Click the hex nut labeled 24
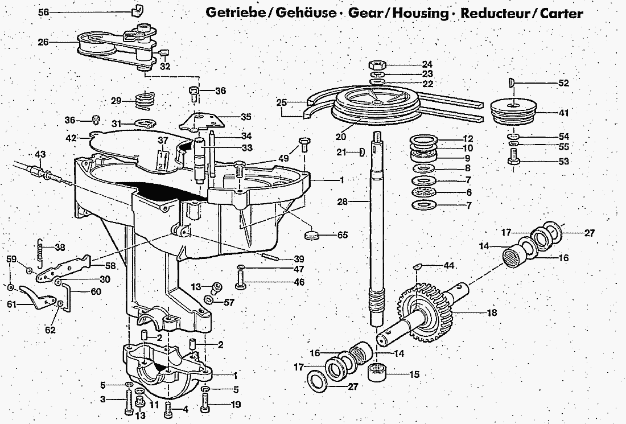coord(379,64)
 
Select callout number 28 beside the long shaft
coord(357,201)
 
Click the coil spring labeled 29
coord(145,101)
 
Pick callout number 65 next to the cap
coord(342,234)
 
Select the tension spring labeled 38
coord(40,252)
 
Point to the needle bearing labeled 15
coord(378,374)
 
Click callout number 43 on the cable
coord(40,154)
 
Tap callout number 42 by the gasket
coord(71,138)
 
